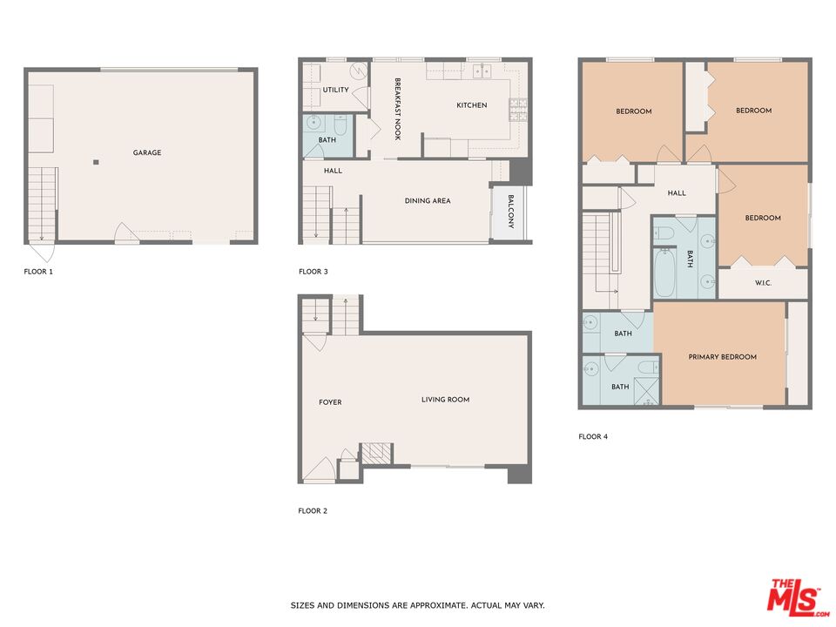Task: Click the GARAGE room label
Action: [x=147, y=152]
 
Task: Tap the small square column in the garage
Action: [x=97, y=162]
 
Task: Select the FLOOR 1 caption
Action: [x=38, y=272]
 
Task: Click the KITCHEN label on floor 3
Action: [x=472, y=105]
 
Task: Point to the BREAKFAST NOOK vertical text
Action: [x=397, y=109]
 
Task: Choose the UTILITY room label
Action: [x=335, y=90]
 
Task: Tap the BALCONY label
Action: [x=510, y=212]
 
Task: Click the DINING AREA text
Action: [x=428, y=200]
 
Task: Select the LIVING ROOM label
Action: [x=445, y=400]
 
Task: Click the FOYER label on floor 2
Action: [x=330, y=402]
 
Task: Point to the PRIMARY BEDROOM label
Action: [x=722, y=357]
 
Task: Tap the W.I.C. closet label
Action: [x=763, y=283]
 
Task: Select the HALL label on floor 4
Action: [x=677, y=193]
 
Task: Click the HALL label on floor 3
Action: [x=333, y=171]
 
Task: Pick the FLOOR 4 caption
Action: [x=593, y=436]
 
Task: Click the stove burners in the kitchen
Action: [x=518, y=108]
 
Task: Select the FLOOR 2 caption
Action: [x=313, y=511]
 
